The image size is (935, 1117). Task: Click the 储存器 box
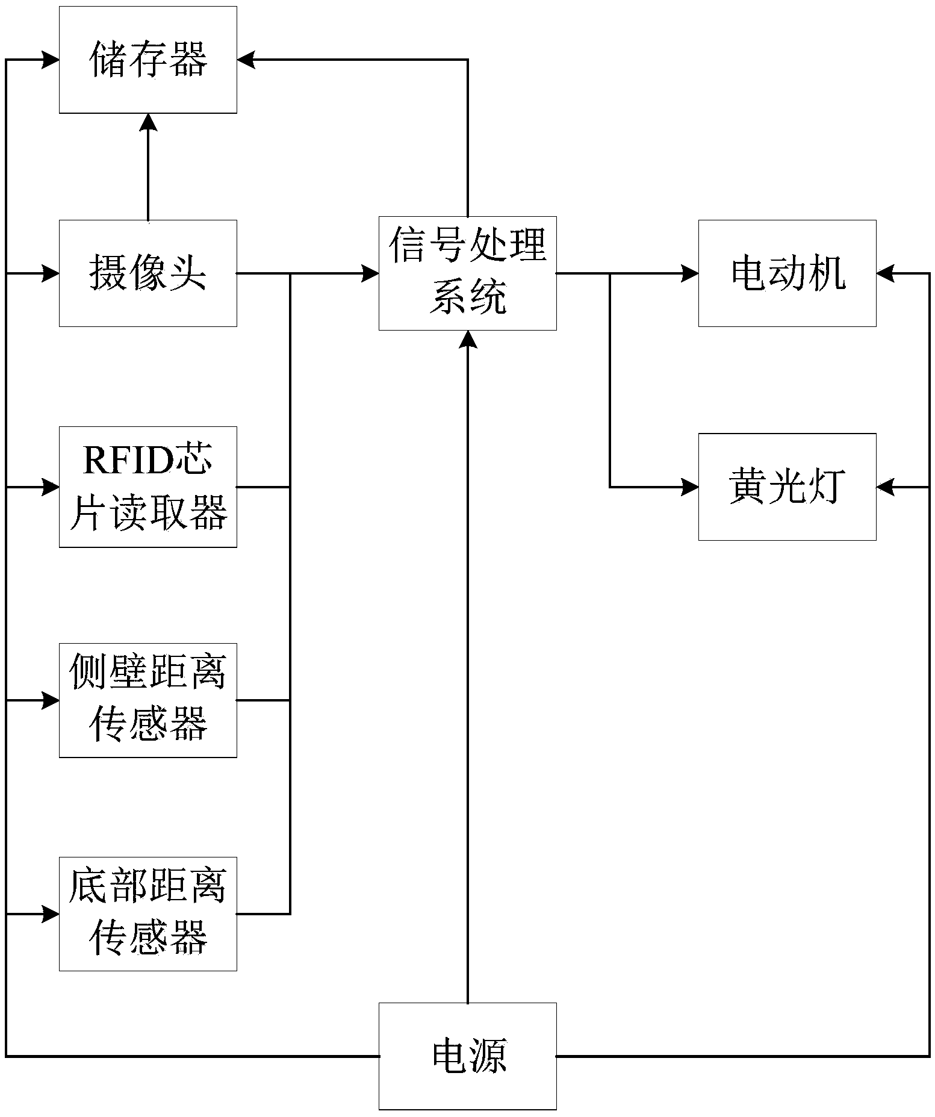point(148,60)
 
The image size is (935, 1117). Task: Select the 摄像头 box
point(148,273)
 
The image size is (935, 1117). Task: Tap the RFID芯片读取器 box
point(148,487)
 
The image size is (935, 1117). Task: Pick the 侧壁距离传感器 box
point(148,700)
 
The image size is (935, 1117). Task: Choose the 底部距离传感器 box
point(148,913)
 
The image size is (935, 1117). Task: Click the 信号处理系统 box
point(467,273)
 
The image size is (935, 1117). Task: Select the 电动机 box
point(787,273)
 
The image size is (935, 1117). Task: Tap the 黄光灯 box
point(787,487)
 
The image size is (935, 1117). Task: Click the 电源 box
point(467,1056)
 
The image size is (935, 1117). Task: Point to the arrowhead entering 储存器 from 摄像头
point(148,122)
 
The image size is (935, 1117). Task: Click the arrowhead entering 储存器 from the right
point(246,60)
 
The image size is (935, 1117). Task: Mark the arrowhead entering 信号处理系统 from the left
point(370,273)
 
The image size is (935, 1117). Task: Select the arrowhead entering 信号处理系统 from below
point(468,339)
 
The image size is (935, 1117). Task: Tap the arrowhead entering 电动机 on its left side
point(690,273)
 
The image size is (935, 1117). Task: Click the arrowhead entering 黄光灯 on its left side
point(690,487)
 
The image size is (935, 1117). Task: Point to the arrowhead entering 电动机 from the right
point(885,273)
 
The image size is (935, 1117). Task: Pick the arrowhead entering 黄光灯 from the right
point(885,487)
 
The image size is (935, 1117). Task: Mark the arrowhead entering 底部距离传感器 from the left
point(51,913)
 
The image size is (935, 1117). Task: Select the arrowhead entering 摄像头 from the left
point(51,273)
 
